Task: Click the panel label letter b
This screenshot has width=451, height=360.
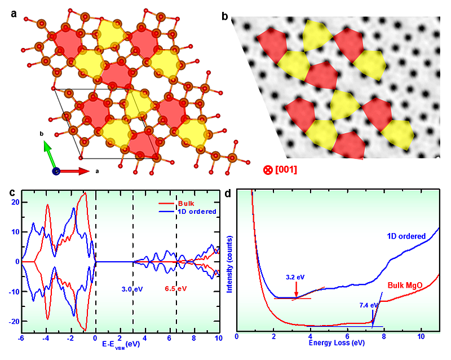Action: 224,17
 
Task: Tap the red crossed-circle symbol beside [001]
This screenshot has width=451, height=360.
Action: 267,169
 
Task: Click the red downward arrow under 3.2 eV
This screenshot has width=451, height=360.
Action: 297,289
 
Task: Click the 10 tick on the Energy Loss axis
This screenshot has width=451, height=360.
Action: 421,336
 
